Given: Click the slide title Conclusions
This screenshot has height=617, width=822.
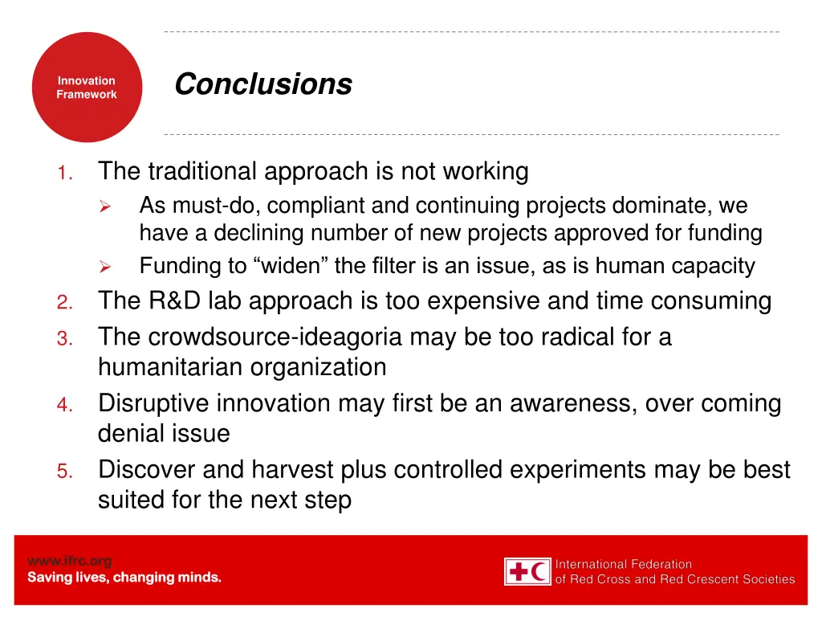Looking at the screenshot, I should (262, 84).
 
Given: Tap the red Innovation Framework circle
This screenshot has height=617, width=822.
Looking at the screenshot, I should (87, 88).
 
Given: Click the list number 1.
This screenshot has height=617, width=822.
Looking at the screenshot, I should (67, 173).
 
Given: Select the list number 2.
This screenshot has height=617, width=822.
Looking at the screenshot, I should (66, 303).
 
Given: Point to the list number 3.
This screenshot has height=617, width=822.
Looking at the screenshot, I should (66, 338).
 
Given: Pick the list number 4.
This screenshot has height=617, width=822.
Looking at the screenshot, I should (66, 405).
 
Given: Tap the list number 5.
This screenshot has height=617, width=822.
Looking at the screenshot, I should (66, 472).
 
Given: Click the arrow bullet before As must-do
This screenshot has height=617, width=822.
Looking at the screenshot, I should (104, 207).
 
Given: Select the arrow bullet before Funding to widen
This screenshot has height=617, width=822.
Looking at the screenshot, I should (104, 267).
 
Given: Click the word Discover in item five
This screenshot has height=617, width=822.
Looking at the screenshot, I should (147, 469).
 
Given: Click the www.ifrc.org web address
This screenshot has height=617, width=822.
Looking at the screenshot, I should (70, 561).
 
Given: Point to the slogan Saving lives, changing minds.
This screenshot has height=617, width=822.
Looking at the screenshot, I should (124, 578).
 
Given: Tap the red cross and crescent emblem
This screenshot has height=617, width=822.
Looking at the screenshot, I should (527, 571).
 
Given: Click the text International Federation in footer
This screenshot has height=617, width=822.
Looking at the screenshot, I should (624, 564).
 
